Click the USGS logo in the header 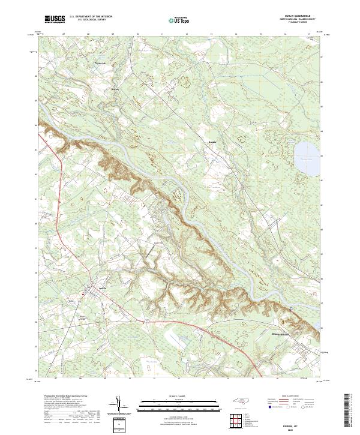56,19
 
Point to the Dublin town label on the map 93,287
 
